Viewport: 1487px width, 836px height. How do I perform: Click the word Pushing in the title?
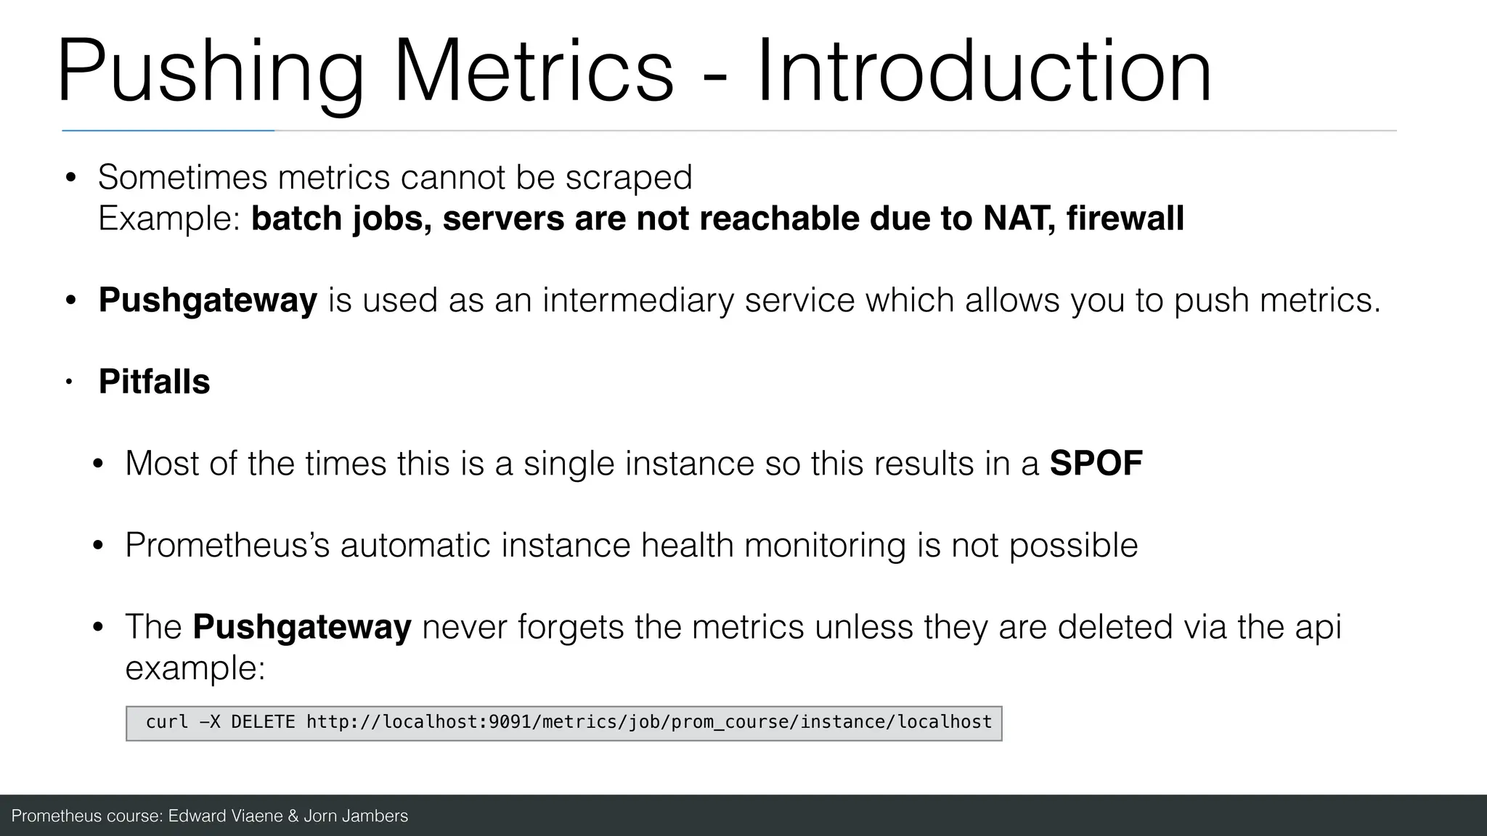[x=211, y=73]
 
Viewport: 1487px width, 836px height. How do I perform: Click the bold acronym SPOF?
[x=1096, y=464]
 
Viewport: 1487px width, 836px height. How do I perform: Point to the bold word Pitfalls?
[x=154, y=382]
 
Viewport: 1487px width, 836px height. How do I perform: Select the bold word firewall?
[x=1125, y=218]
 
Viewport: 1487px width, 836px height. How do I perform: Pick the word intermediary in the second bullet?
[x=638, y=300]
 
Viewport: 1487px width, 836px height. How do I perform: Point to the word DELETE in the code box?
[x=263, y=722]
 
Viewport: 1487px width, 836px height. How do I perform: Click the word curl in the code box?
[x=167, y=722]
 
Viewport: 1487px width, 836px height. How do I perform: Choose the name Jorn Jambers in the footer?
[x=355, y=816]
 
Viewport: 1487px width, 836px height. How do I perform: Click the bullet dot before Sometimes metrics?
[x=70, y=178]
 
